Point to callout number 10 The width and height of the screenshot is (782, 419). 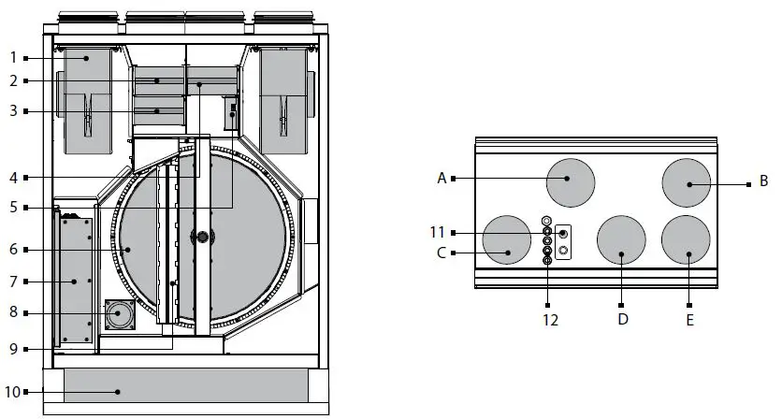click(x=12, y=391)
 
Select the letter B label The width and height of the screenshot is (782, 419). click(x=763, y=180)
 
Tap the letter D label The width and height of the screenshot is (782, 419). click(x=622, y=318)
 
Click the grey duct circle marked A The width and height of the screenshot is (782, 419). click(x=571, y=181)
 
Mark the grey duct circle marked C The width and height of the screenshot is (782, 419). click(x=506, y=240)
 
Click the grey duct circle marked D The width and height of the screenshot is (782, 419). click(x=621, y=241)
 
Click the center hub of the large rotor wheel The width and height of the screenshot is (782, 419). click(x=200, y=238)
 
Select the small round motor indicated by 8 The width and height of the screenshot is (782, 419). click(x=119, y=315)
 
